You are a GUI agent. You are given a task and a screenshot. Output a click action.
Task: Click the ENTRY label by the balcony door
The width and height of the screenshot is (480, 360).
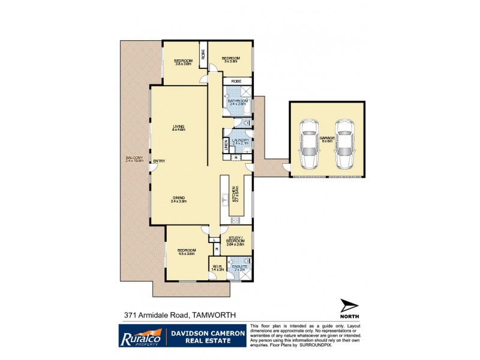[159, 161]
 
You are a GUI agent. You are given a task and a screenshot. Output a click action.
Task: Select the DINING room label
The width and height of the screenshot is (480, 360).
[179, 199]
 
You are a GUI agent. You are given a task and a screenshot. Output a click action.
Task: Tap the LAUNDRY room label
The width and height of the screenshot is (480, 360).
[240, 142]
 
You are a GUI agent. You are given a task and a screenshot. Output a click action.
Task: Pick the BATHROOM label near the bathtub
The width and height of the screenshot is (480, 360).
[238, 102]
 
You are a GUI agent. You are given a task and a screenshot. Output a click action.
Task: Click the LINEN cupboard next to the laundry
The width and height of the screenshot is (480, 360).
[227, 144]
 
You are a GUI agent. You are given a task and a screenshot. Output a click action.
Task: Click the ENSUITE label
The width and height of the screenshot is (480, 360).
[240, 267]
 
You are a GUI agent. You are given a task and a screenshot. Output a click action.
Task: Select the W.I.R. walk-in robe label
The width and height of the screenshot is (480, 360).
[217, 268]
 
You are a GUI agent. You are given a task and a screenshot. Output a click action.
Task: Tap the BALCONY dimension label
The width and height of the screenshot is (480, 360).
[131, 160]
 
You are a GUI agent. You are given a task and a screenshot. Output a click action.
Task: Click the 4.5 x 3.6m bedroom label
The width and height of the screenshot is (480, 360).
[186, 251]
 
